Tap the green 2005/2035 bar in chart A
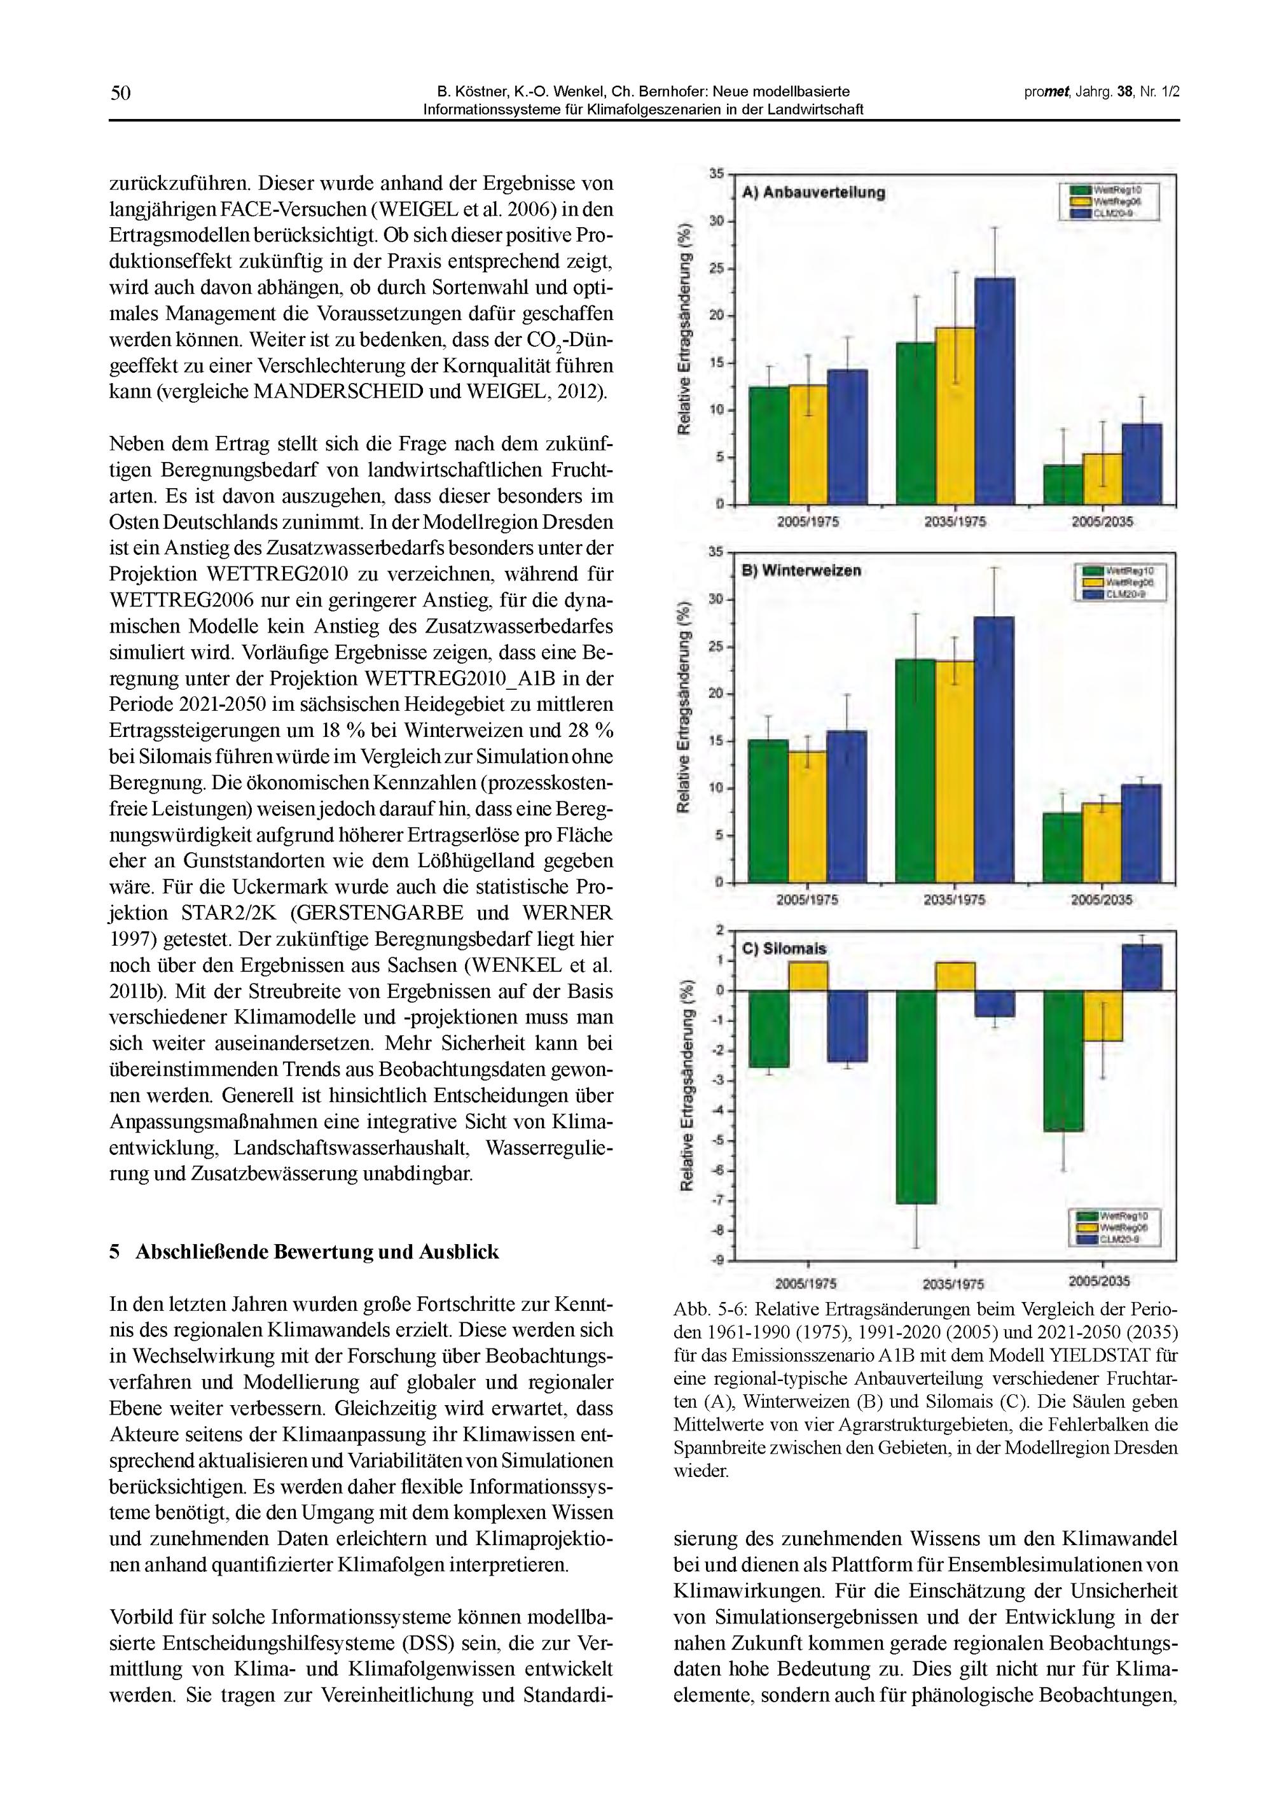click(x=1063, y=484)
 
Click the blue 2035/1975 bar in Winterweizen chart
click(x=994, y=749)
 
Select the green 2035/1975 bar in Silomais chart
click(x=916, y=1096)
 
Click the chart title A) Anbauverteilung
click(x=813, y=193)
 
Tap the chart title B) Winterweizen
click(x=801, y=570)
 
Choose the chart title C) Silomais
click(x=784, y=948)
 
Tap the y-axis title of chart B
click(x=686, y=708)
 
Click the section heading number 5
click(x=114, y=1252)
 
